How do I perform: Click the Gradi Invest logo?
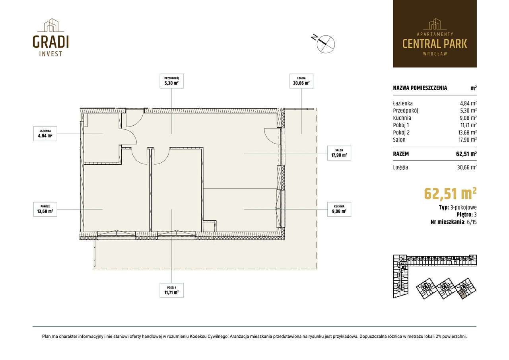[x=51, y=37]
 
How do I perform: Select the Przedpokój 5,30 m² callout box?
[x=171, y=81]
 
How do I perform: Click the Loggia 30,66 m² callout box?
[x=301, y=81]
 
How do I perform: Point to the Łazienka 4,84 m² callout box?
[x=45, y=134]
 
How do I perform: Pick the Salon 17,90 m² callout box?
[x=339, y=153]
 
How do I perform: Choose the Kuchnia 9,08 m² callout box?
[x=339, y=209]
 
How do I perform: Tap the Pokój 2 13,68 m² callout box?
[x=45, y=209]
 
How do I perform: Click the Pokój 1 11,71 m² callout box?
[x=171, y=290]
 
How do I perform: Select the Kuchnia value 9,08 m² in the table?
[x=468, y=118]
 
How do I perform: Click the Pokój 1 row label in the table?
[x=401, y=125]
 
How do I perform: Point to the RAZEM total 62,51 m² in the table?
[x=466, y=154]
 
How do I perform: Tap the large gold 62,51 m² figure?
[x=450, y=194]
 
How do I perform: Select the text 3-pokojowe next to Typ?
[x=464, y=208]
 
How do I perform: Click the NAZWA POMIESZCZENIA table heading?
[x=420, y=88]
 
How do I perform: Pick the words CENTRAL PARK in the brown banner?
[x=435, y=44]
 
